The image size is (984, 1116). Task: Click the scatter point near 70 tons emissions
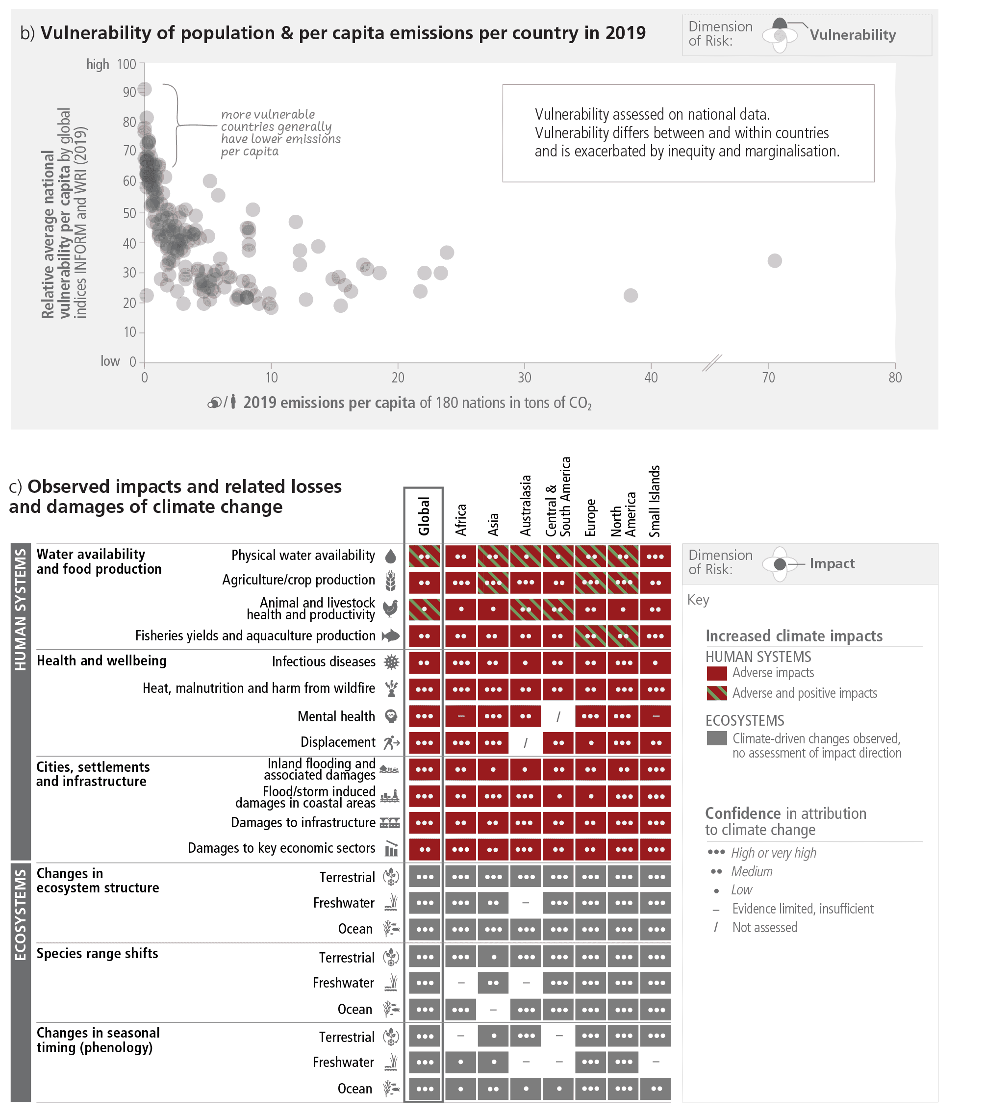(x=774, y=260)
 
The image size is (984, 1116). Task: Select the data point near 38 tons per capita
(x=630, y=295)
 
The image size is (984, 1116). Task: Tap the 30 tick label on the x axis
(x=524, y=377)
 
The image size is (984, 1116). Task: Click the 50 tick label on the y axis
(x=129, y=213)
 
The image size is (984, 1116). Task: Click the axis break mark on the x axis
(x=711, y=363)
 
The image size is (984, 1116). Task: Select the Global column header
(x=424, y=515)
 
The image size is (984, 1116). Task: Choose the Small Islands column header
(x=655, y=501)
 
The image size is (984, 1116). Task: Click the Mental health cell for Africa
(x=460, y=716)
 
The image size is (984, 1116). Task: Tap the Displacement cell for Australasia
(x=525, y=742)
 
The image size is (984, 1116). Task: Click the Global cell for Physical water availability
(x=424, y=557)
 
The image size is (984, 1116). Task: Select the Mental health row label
(x=336, y=716)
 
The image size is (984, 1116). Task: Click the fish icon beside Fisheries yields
(x=390, y=635)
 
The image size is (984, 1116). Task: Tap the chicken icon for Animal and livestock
(x=390, y=608)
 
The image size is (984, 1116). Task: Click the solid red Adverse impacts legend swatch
(x=716, y=673)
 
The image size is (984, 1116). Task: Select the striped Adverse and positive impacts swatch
(x=716, y=693)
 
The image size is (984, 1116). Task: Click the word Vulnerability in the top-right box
(x=853, y=35)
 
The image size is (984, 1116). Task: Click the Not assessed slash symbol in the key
(x=716, y=927)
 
